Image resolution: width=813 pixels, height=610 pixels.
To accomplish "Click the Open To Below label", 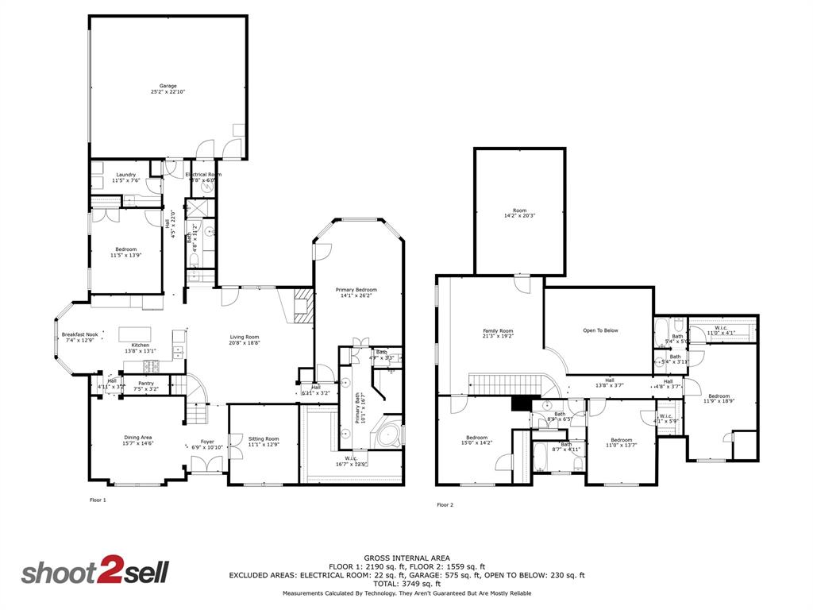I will [600, 330].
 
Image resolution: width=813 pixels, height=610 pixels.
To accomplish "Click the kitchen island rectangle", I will [135, 334].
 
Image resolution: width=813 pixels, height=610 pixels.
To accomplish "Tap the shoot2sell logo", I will [94, 573].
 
